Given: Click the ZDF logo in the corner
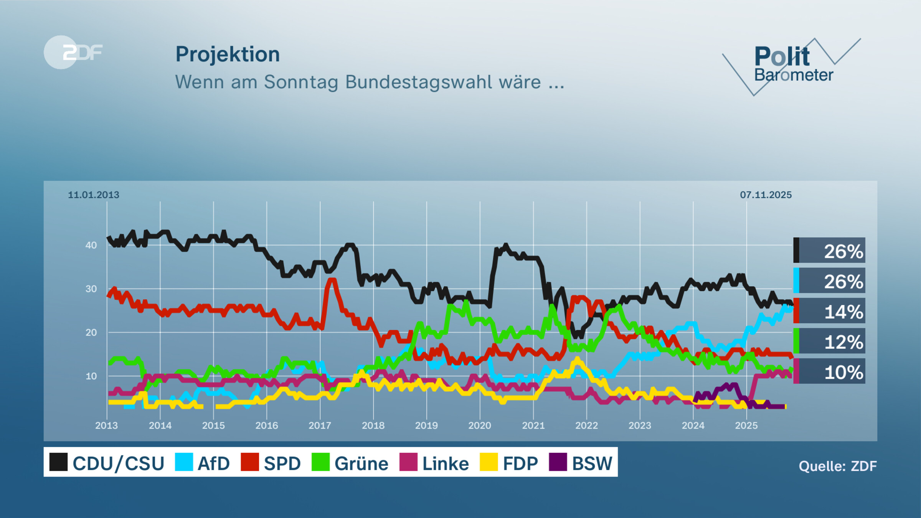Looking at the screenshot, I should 73,52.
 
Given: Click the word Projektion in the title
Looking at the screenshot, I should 228,54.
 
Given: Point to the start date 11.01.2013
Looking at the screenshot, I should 94,195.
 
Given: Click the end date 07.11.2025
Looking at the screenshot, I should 766,195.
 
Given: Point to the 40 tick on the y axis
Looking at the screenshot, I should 91,245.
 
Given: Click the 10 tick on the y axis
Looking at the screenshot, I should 91,376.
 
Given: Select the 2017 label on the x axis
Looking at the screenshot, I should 320,426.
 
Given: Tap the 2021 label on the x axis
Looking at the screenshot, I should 533,426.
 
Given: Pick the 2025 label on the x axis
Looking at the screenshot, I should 746,426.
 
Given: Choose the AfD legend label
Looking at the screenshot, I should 213,464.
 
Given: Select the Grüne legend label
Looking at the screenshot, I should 361,464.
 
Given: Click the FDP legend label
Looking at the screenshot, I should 520,464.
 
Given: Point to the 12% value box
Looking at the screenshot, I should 830,341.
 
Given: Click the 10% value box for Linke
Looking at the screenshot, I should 830,371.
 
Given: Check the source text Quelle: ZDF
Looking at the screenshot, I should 837,466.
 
